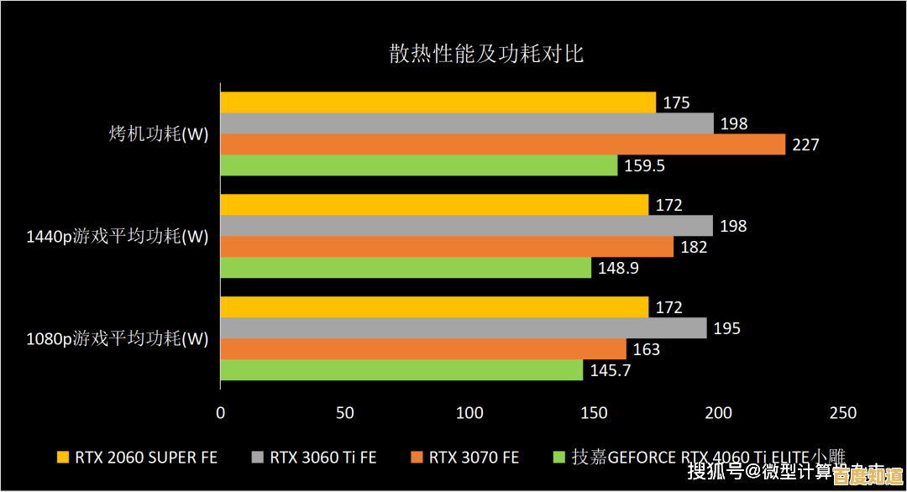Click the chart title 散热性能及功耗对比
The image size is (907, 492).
pos(485,55)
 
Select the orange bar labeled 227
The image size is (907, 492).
pos(502,144)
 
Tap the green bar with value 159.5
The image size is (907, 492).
pos(418,165)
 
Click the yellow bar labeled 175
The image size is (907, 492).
pos(438,102)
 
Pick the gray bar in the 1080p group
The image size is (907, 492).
pos(463,328)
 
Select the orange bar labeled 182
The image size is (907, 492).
pos(447,247)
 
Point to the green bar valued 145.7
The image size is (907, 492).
pos(401,370)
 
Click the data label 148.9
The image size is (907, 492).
pos(620,269)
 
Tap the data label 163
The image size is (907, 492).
pos(646,349)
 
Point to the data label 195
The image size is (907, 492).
pos(726,328)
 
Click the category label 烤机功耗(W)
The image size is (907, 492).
pos(159,134)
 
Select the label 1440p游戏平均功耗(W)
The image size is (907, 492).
pos(117,237)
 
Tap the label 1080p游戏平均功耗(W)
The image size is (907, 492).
pos(117,339)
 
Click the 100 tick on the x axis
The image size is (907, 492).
pos(469,412)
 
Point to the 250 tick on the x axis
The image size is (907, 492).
pos(842,412)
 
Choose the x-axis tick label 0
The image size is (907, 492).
pos(221,412)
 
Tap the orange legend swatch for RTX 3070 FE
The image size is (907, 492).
pos(416,458)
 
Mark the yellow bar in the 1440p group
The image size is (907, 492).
pos(434,205)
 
